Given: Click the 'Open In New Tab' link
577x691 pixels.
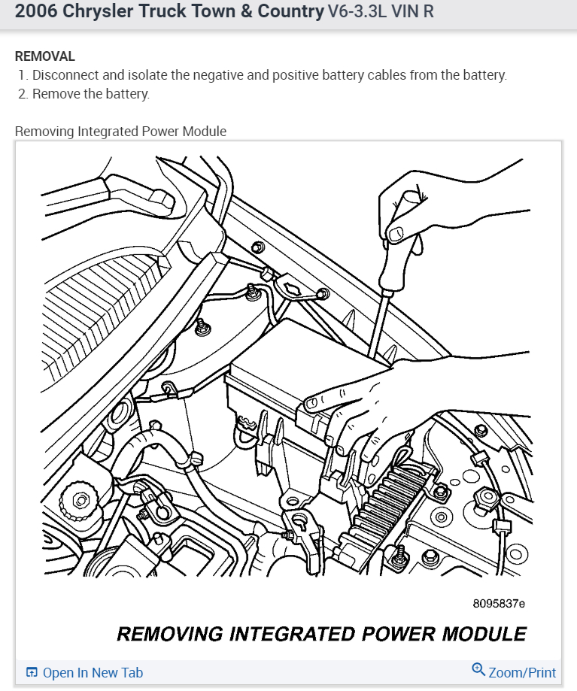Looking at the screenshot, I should tap(93, 673).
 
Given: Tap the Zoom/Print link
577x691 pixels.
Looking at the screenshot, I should tap(522, 673).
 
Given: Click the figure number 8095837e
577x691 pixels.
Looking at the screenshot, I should tap(499, 603).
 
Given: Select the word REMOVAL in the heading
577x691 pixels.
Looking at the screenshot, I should tap(45, 56).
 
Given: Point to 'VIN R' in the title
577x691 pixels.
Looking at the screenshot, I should tap(412, 13).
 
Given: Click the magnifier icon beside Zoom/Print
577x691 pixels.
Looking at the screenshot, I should tap(478, 670).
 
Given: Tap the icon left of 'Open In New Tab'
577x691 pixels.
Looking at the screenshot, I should tap(32, 673).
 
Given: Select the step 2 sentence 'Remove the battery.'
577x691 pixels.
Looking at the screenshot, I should tap(91, 94).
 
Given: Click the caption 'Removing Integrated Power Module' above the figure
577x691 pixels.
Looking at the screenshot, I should tap(120, 132).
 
